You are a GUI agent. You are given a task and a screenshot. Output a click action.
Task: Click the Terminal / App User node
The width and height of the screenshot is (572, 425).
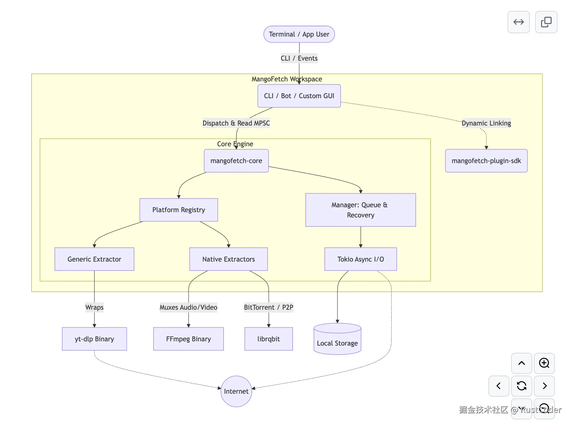click(x=299, y=34)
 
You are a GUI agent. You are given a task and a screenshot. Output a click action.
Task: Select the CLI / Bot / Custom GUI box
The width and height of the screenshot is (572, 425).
click(x=299, y=96)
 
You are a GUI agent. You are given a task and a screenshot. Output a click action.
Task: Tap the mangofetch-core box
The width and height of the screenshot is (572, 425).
click(x=236, y=161)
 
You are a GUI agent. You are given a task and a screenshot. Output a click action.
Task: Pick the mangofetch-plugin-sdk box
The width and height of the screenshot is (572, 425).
click(x=486, y=161)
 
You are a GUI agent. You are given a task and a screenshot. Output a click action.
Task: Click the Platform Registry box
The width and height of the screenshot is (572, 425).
click(x=179, y=210)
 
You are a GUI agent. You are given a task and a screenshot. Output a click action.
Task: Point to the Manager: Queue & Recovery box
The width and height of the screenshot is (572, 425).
click(x=360, y=210)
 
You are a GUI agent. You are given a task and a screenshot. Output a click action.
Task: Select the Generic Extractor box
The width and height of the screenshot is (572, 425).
click(x=94, y=259)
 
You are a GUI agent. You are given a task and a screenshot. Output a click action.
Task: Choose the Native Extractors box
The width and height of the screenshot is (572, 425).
click(x=228, y=259)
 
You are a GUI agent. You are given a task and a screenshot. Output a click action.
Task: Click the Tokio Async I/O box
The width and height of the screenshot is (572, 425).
click(x=360, y=259)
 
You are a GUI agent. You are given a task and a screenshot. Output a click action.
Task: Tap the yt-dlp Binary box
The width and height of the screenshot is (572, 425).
click(x=94, y=339)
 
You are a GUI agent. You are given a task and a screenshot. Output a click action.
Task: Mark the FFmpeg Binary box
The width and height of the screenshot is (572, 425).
click(x=188, y=339)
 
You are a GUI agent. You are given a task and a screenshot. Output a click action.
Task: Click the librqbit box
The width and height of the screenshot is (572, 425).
click(x=269, y=339)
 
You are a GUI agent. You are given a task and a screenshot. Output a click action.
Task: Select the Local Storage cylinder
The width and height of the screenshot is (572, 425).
click(x=337, y=339)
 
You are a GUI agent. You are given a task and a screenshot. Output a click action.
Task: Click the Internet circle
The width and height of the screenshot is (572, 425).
click(x=236, y=391)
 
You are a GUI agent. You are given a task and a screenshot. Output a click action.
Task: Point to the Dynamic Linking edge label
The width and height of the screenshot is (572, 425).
click(x=486, y=123)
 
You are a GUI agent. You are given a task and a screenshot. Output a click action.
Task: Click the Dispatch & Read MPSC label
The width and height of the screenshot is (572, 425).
click(x=236, y=123)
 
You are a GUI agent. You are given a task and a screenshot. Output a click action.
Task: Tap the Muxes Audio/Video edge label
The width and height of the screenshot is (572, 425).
click(x=188, y=307)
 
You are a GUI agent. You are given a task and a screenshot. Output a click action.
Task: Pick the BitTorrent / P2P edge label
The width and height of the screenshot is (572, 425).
click(x=269, y=307)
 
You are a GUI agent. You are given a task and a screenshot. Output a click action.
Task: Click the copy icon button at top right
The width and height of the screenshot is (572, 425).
click(x=546, y=22)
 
